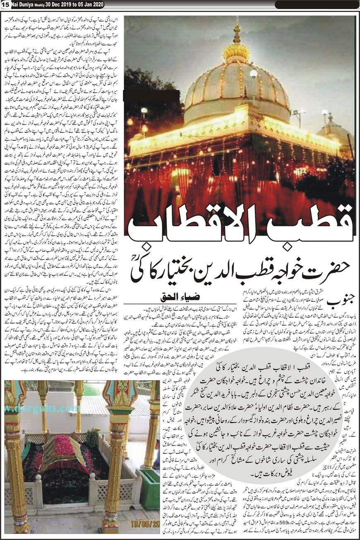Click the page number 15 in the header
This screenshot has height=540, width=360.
coord(5,4)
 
